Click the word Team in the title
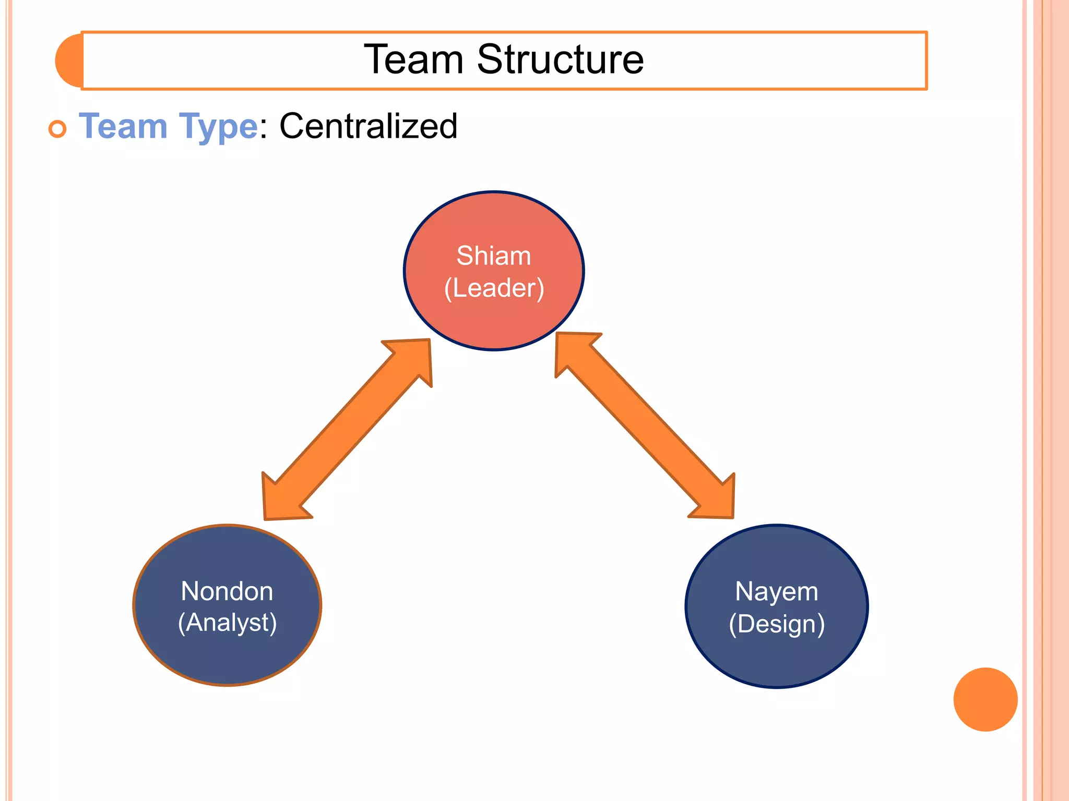413,59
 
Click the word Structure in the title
560,59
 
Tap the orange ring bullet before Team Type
57,129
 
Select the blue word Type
218,127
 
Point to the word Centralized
369,126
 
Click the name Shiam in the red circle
493,256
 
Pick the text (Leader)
494,288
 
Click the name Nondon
227,591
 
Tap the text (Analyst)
227,623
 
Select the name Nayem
776,591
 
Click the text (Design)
777,624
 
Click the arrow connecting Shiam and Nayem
645,425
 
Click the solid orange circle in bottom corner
985,699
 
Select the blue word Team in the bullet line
123,127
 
